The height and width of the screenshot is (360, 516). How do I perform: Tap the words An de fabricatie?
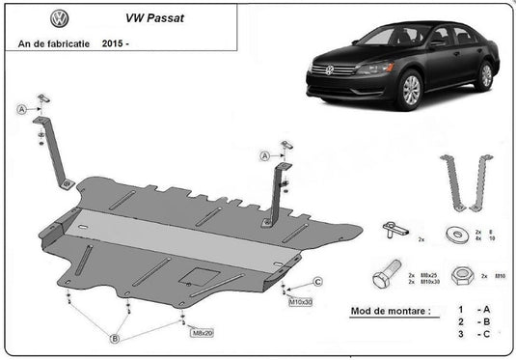pyautogui.click(x=52, y=43)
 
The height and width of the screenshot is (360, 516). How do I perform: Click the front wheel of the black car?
pyautogui.click(x=411, y=91)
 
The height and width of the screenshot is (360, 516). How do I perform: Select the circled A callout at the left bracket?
pyautogui.click(x=21, y=110)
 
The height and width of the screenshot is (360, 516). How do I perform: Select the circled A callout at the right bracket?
pyautogui.click(x=263, y=154)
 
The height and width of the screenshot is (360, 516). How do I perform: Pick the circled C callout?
pyautogui.click(x=316, y=282)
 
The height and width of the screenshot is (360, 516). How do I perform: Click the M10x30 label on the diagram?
pyautogui.click(x=301, y=302)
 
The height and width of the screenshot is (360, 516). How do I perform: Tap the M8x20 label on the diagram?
pyautogui.click(x=202, y=333)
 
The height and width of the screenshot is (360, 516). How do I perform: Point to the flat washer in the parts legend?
pyautogui.click(x=453, y=234)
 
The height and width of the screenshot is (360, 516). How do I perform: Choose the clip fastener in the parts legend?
pyautogui.click(x=391, y=229)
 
